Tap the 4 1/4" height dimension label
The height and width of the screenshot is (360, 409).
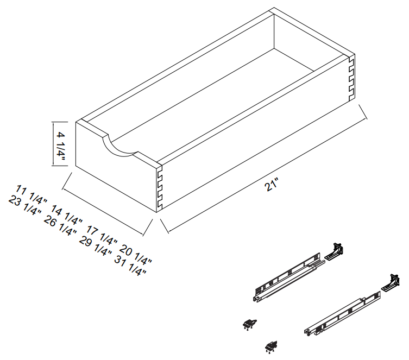pyautogui.click(x=60, y=147)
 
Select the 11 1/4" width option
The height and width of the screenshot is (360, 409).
pyautogui.click(x=32, y=194)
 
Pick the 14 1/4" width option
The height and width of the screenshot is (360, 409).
pyautogui.click(x=66, y=215)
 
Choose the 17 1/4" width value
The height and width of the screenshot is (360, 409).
pyautogui.click(x=102, y=236)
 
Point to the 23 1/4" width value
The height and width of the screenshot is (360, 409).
pyautogui.click(x=25, y=205)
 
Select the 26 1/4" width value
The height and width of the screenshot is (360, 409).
pyautogui.click(x=60, y=226)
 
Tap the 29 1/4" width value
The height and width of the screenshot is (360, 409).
pyautogui.click(x=96, y=246)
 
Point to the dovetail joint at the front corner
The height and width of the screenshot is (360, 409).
pyautogui.click(x=160, y=190)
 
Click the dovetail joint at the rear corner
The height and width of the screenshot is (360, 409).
pyautogui.click(x=351, y=79)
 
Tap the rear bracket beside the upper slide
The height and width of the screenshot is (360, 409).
pyautogui.click(x=334, y=251)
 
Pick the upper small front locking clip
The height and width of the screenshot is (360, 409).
pyautogui.click(x=249, y=324)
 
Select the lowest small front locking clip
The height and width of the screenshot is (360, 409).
pyautogui.click(x=271, y=347)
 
